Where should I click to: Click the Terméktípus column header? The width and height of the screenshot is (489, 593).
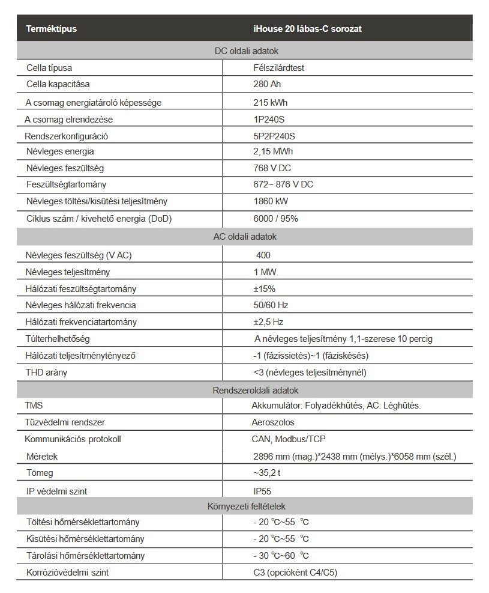[x=51, y=28]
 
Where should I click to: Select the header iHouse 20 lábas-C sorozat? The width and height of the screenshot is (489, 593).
[x=307, y=28]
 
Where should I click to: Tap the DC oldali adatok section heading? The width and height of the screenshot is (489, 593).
[x=246, y=52]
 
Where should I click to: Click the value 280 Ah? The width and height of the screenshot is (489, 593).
[x=268, y=85]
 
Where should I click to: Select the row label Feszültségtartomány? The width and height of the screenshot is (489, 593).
[x=66, y=184]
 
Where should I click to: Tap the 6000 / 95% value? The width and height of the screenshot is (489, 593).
[x=275, y=219]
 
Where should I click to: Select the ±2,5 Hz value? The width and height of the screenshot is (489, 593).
[x=268, y=321]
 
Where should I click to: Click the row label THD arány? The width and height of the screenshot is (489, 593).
[x=46, y=372]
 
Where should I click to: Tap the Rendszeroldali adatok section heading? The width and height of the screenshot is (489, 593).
[x=247, y=391]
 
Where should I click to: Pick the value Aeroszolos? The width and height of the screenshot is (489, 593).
[x=273, y=422]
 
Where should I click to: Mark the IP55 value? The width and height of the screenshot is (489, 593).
[x=263, y=491]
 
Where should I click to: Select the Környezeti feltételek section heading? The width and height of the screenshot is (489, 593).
[x=247, y=507]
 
